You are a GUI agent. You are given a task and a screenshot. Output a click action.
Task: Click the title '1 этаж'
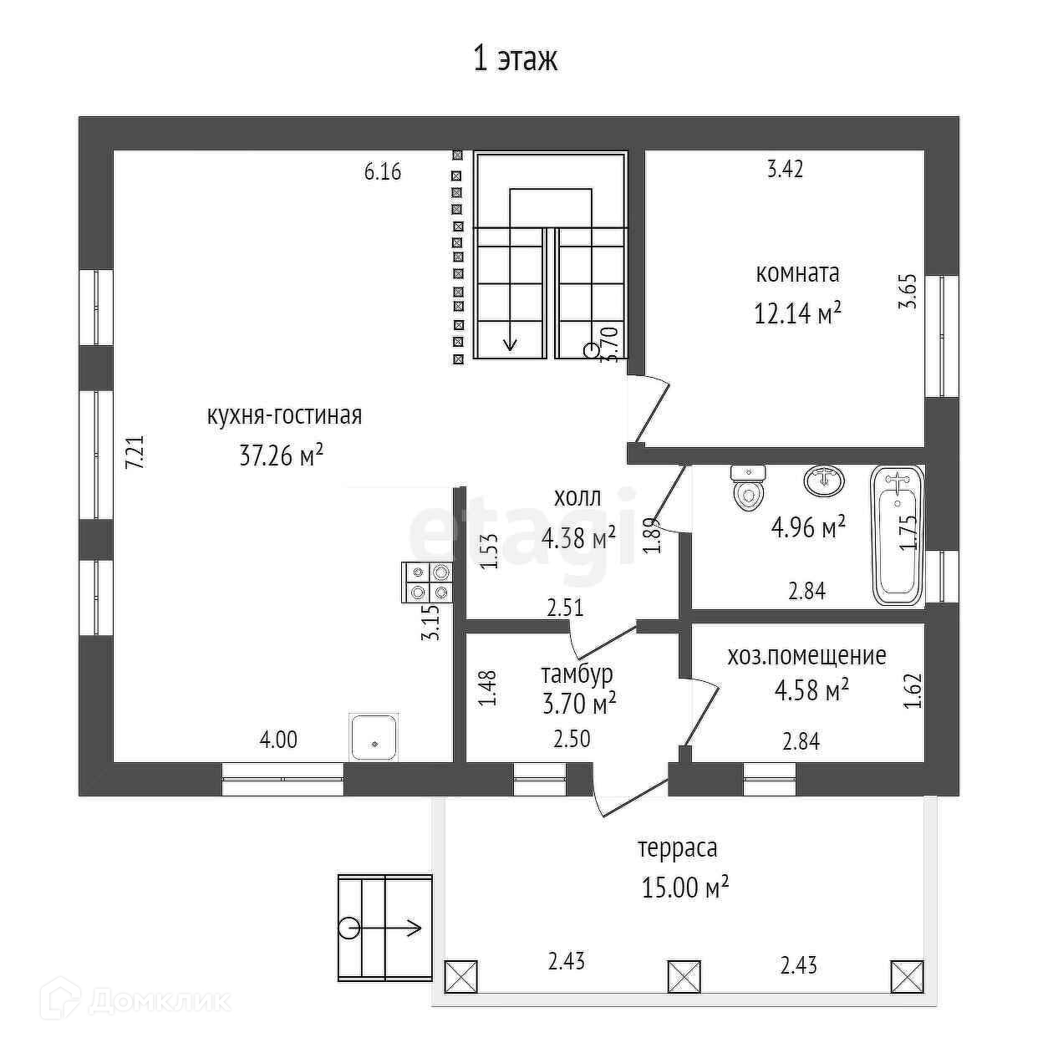pyautogui.click(x=515, y=59)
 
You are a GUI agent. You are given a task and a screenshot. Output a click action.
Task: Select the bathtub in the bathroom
pyautogui.click(x=896, y=535)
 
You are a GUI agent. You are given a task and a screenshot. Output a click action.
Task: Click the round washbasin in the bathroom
pyautogui.click(x=824, y=481)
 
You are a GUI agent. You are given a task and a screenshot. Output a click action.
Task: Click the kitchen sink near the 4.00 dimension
pyautogui.click(x=374, y=736)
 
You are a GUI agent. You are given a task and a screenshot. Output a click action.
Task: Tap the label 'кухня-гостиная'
pyautogui.click(x=284, y=415)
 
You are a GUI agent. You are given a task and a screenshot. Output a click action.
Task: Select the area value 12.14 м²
pyautogui.click(x=797, y=314)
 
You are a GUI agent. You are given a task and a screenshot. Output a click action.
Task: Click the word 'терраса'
pyautogui.click(x=678, y=848)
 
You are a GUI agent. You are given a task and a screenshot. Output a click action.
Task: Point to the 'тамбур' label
pyautogui.click(x=577, y=674)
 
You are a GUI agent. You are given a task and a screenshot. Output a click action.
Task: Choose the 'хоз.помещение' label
pyautogui.click(x=806, y=656)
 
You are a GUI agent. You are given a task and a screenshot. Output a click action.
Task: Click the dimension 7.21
pyautogui.click(x=135, y=451)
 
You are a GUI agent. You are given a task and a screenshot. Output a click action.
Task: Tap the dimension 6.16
pyautogui.click(x=383, y=172)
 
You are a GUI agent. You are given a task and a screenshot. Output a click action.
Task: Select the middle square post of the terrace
pyautogui.click(x=684, y=975)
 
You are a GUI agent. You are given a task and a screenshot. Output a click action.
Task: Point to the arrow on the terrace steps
pyautogui.click(x=410, y=927)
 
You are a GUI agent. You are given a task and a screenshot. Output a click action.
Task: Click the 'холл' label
pyautogui.click(x=577, y=498)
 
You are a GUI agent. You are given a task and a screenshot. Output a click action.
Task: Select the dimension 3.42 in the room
pyautogui.click(x=786, y=169)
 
